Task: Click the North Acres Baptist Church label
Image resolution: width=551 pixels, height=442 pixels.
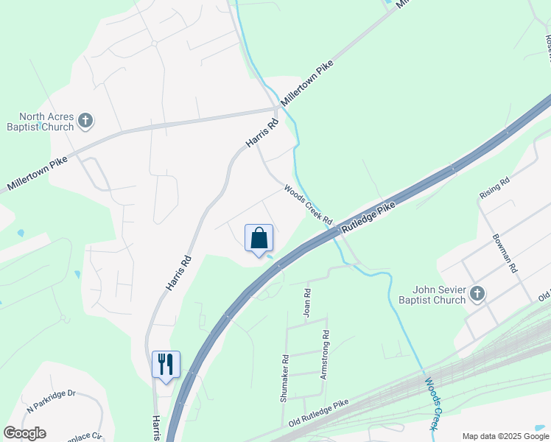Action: tap(46, 122)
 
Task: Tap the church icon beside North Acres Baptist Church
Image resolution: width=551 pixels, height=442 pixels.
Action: tap(85, 120)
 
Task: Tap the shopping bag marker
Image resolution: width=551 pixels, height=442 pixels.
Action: tap(259, 238)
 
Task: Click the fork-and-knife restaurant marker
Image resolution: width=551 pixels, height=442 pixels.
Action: tap(166, 363)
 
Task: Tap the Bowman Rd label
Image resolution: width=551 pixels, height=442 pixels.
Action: tap(508, 254)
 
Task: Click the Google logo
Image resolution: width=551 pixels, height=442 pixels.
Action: tap(24, 433)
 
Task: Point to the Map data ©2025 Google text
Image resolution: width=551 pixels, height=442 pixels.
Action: tap(505, 436)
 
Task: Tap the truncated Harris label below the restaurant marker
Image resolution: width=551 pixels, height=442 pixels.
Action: tap(155, 428)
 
